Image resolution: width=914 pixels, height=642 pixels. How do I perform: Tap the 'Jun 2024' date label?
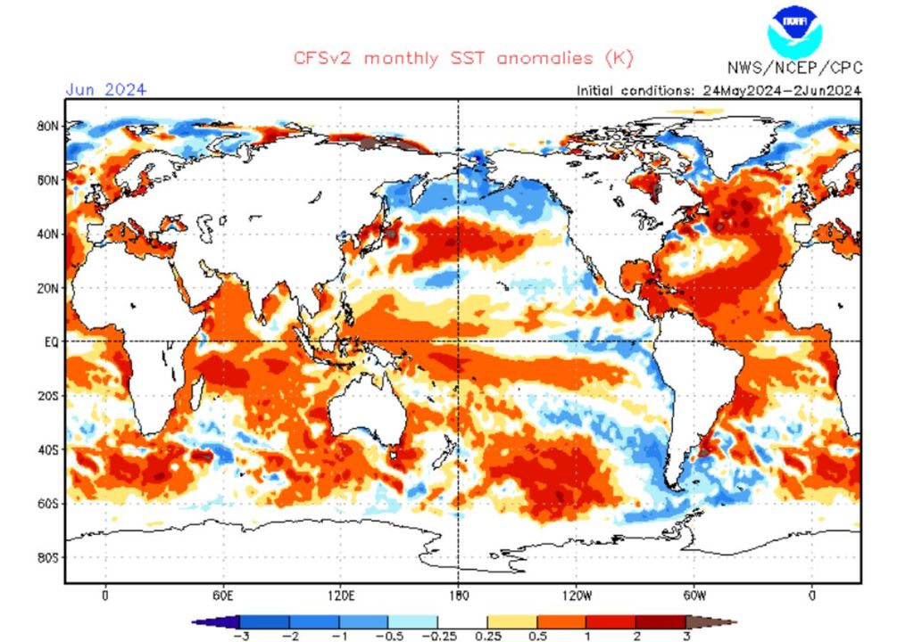[x=105, y=89]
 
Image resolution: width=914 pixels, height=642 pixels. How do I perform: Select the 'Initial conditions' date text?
[x=719, y=90]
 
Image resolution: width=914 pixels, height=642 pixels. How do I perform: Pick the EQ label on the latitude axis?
[x=51, y=342]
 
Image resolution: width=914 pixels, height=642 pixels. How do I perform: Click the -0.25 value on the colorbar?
[x=437, y=634]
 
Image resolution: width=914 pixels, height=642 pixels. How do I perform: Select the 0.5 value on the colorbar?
[x=536, y=634]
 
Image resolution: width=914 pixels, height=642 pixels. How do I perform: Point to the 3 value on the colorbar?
[x=685, y=634]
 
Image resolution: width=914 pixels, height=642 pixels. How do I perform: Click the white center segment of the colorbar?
[x=462, y=621]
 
